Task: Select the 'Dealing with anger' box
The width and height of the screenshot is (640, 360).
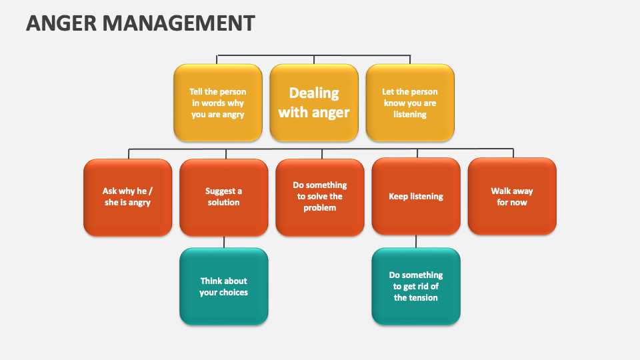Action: click(x=313, y=103)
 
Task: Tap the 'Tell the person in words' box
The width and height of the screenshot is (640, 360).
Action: click(x=217, y=103)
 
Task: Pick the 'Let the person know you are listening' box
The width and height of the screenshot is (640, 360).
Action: click(x=409, y=103)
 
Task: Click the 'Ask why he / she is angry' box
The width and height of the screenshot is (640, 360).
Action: click(x=127, y=197)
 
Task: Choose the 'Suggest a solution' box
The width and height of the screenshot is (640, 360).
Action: click(x=223, y=197)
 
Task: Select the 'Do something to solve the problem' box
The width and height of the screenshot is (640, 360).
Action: click(x=319, y=197)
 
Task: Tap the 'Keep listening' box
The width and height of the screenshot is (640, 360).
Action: click(x=415, y=197)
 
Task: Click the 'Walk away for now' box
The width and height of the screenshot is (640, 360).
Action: click(x=511, y=197)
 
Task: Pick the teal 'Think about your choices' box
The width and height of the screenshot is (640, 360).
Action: click(x=223, y=287)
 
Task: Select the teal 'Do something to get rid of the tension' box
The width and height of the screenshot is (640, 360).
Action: click(x=415, y=287)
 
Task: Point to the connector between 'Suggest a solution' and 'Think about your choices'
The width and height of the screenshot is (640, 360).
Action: click(x=224, y=241)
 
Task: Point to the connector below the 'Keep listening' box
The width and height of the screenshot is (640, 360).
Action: click(x=416, y=241)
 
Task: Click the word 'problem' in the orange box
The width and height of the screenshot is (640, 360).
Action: click(x=320, y=208)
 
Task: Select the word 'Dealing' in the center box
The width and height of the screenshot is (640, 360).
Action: click(x=314, y=93)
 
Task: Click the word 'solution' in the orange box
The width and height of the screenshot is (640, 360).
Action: click(x=223, y=203)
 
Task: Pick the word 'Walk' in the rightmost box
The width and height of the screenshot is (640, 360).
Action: click(x=502, y=191)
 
